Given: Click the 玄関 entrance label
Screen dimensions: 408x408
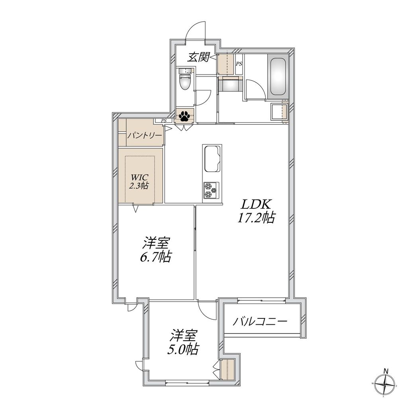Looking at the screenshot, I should (198, 58).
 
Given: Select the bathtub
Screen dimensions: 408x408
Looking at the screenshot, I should (279, 76).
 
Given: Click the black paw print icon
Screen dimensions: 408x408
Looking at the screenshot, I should (184, 116).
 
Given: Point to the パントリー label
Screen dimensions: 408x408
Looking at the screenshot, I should (145, 135).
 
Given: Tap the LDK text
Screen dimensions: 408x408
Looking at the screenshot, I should (255, 205).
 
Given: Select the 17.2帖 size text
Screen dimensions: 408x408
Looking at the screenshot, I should (256, 218).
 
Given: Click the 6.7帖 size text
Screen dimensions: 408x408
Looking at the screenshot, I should (155, 257).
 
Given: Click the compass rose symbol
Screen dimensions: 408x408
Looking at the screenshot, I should (385, 386).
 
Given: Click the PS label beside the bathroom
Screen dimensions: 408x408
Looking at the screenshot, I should (239, 64).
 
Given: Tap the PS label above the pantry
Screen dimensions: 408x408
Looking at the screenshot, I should (164, 120).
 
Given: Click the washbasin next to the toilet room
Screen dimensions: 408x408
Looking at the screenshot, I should (278, 111).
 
